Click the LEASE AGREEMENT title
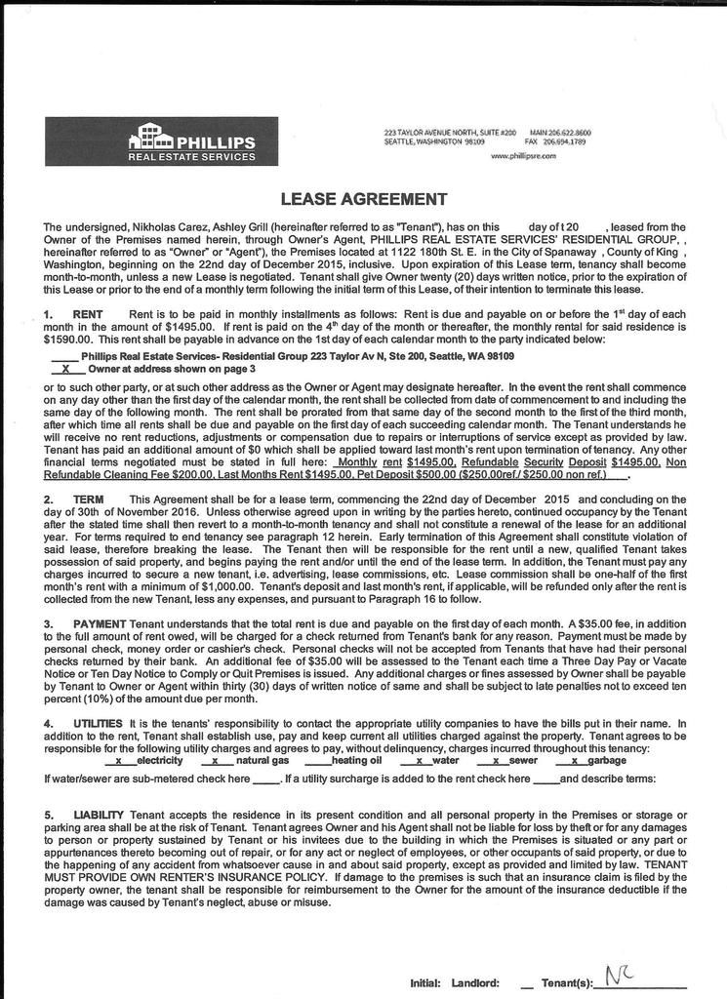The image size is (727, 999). [363, 199]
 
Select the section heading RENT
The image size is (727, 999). [88, 314]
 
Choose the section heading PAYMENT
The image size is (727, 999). [94, 622]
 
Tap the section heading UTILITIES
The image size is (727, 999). [98, 723]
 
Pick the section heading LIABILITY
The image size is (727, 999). [98, 814]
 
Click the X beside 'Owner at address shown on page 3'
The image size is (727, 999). [65, 370]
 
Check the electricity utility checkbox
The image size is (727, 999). [118, 760]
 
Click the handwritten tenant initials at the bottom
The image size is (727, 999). [619, 976]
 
